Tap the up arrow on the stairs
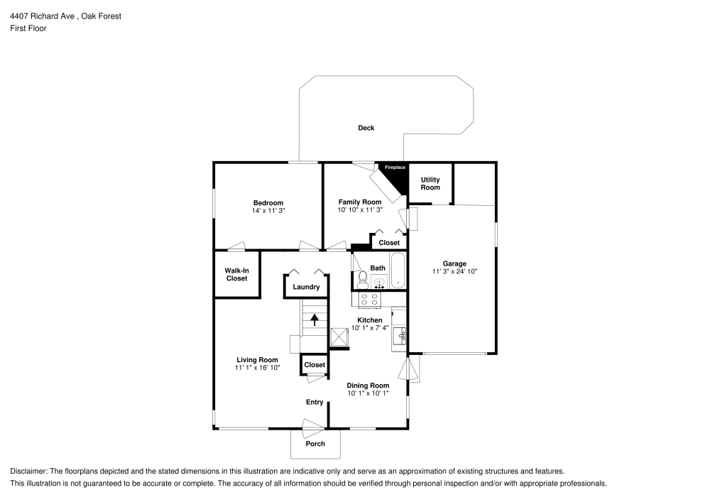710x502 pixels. point(314,320)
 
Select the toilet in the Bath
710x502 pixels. point(362,279)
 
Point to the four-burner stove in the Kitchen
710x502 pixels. point(369,300)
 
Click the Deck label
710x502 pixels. point(366,128)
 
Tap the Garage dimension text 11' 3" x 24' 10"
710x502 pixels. point(454,272)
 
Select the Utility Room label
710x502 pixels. point(430,183)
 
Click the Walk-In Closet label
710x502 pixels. point(236,274)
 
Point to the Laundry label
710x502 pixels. point(306,287)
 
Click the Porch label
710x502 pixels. point(315,444)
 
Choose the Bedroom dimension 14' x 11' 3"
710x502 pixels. point(268,211)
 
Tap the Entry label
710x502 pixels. point(315,402)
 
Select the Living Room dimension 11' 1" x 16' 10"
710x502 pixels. point(257,368)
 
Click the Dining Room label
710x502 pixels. point(368,385)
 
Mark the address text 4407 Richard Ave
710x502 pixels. point(44,15)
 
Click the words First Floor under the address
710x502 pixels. point(28,28)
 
